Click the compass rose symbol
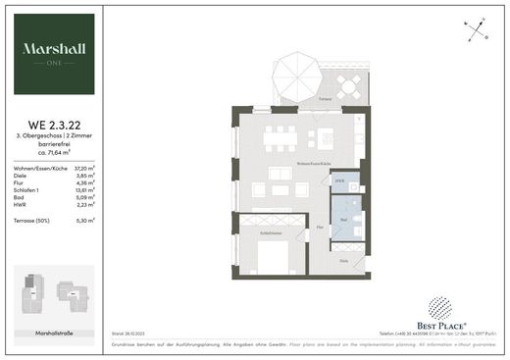point(476,28)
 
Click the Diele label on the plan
point(343,260)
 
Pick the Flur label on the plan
point(321,226)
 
